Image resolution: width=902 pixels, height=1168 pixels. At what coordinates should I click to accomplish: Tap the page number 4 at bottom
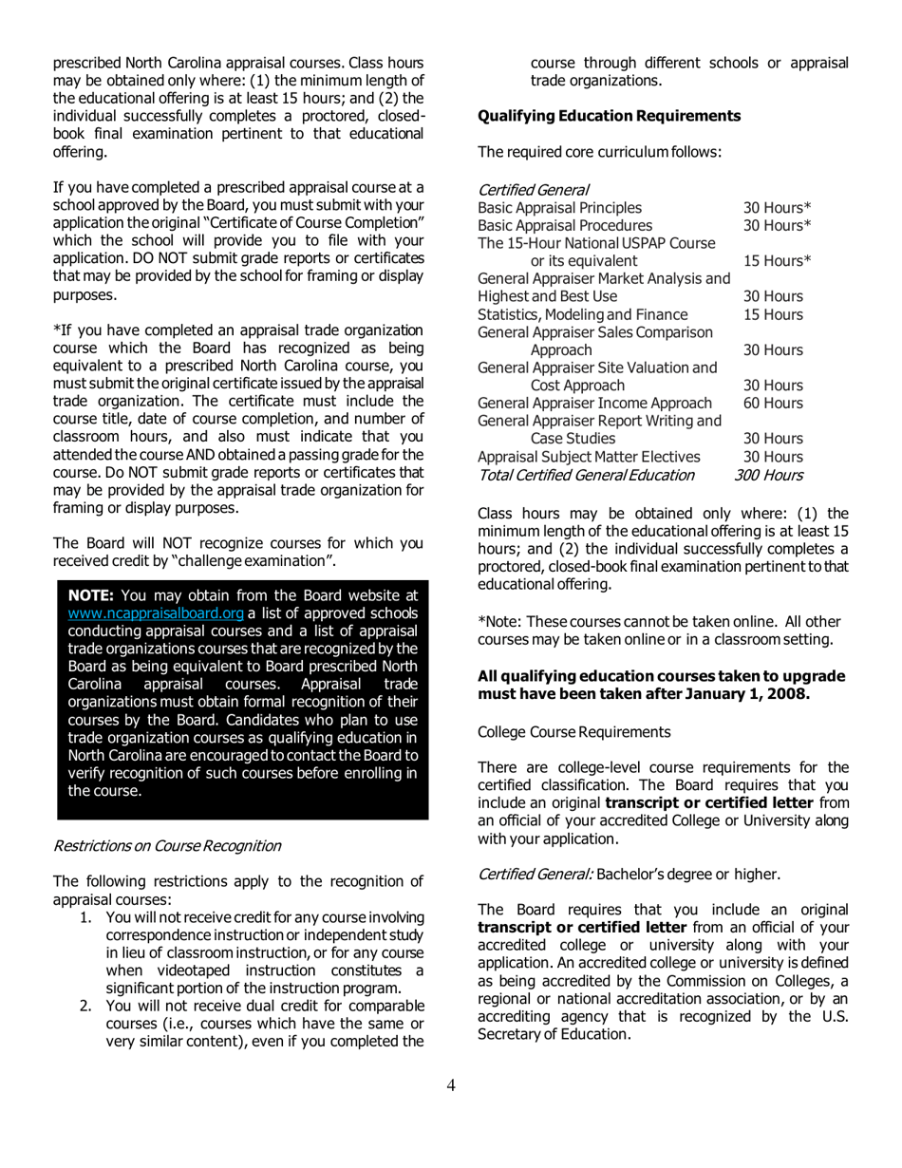pos(451,1085)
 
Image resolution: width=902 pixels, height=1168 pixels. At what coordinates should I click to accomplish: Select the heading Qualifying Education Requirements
pos(609,116)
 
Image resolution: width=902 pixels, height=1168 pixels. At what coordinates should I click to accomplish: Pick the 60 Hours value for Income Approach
pos(773,403)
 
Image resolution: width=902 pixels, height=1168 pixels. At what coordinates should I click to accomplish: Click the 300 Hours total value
pos(769,474)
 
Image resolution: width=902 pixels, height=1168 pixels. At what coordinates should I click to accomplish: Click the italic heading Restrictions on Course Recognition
pos(167,844)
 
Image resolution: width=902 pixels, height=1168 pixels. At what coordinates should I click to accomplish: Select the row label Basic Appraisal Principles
pos(559,207)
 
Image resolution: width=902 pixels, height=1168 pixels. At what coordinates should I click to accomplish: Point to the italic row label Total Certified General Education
pos(586,474)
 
